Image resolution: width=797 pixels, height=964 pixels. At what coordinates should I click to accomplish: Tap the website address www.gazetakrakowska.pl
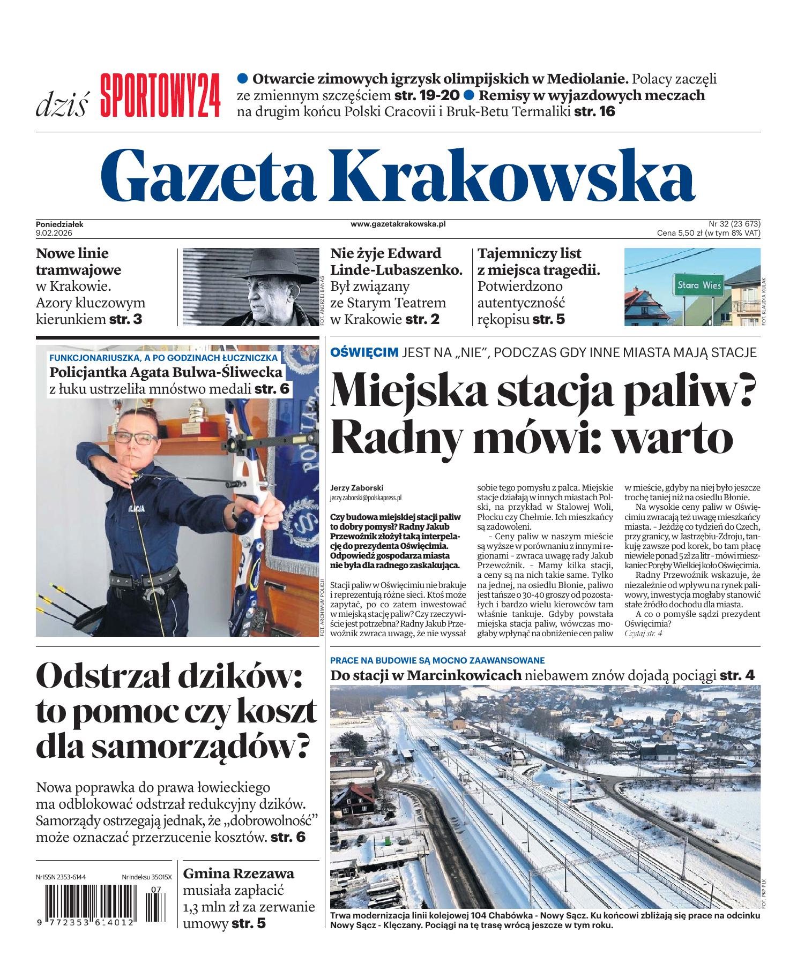point(398,224)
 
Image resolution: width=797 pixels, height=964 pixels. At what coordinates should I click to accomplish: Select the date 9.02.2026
point(54,233)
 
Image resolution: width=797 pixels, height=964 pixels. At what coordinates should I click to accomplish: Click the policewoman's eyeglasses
point(130,438)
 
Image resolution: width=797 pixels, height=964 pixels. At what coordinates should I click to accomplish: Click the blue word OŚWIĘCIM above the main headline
point(364,352)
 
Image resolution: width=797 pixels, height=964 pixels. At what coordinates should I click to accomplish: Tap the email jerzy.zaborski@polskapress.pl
point(366,498)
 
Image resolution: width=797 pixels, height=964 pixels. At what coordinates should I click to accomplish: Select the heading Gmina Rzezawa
point(239,873)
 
